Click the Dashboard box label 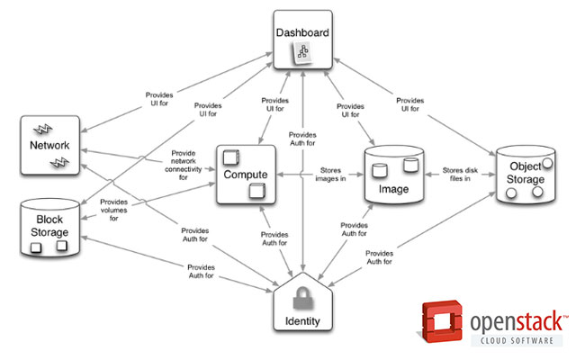click(301, 33)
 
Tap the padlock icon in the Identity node click(302, 296)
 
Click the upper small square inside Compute click(230, 154)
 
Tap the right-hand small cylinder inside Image click(410, 165)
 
